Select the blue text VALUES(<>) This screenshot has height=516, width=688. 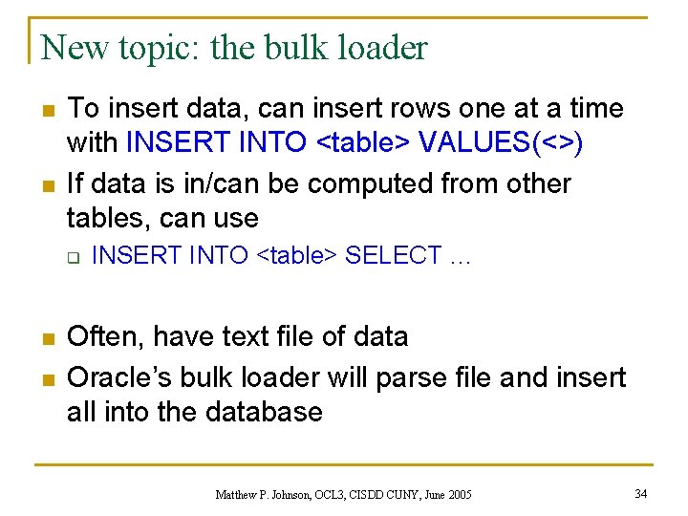coord(502,143)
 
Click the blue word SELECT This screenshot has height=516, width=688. coord(393,256)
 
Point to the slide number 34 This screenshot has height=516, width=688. coord(641,493)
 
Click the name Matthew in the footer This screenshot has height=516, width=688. coord(239,494)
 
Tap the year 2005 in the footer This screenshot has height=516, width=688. coord(458,494)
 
